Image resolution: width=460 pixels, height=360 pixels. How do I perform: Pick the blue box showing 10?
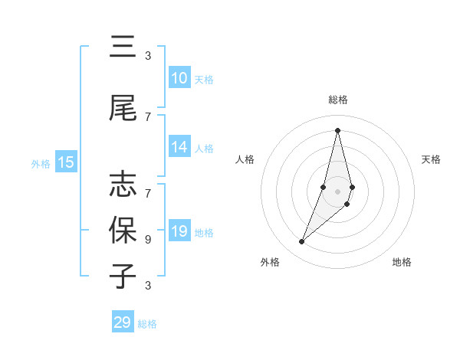[179, 78]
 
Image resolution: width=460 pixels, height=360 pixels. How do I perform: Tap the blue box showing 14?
[179, 148]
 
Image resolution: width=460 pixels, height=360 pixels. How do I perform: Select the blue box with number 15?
[66, 162]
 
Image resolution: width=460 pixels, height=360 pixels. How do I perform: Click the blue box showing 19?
[179, 231]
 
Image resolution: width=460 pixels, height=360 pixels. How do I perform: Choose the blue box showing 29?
[123, 322]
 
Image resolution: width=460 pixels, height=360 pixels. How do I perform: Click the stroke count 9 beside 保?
[148, 239]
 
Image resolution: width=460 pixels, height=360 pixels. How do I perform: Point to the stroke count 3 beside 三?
[148, 55]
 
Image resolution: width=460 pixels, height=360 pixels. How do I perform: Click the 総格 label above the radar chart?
[337, 100]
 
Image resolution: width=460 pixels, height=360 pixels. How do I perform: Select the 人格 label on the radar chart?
[245, 159]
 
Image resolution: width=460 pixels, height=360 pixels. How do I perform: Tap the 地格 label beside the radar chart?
[402, 262]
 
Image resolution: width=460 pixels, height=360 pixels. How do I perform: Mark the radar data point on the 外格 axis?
[302, 242]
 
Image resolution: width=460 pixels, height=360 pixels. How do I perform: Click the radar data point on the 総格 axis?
[337, 130]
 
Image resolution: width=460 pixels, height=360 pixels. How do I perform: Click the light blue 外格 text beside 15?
[41, 163]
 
